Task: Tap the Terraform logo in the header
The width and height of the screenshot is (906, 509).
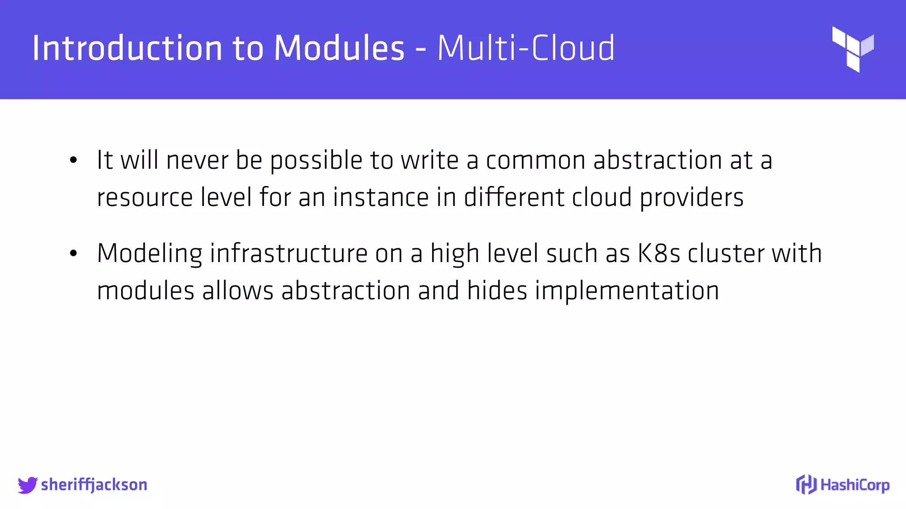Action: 852,49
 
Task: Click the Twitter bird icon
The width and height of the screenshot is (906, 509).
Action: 27,485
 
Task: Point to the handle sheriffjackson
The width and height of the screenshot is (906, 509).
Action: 94,485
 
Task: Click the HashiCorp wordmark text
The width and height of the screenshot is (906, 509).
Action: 855,485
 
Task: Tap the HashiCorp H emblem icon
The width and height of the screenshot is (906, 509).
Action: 806,485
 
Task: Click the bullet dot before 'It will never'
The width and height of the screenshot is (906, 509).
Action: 73,160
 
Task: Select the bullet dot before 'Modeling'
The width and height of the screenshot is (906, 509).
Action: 73,254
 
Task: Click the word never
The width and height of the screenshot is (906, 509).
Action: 197,160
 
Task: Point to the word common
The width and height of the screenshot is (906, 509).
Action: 536,160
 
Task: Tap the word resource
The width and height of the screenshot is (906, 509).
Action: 145,198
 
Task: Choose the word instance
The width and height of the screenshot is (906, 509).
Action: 381,198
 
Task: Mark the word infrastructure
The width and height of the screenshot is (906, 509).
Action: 288,254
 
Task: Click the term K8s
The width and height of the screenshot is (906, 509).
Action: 658,254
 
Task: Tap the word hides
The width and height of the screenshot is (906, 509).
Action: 497,291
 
